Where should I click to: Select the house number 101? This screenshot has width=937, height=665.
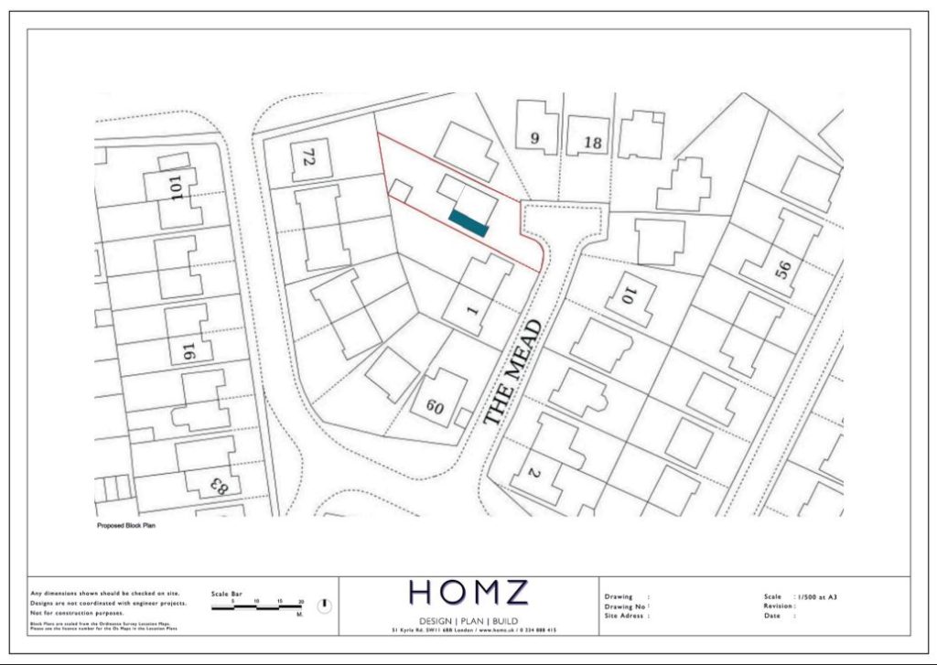[x=177, y=186]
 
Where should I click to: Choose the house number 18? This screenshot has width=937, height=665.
[x=592, y=143]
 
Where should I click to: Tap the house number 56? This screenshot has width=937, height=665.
[x=783, y=269]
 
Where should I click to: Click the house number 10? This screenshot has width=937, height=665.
[x=629, y=295]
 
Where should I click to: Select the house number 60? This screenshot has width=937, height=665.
[x=435, y=406]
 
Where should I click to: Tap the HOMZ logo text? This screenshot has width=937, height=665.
[x=468, y=593]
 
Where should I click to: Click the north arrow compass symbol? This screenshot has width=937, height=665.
[x=324, y=606]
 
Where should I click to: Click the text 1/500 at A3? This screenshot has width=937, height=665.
[x=816, y=596]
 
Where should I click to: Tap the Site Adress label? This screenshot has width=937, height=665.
[x=626, y=616]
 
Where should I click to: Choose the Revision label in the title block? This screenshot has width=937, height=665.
[x=780, y=606]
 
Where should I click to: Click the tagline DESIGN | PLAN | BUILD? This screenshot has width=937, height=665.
[x=468, y=620]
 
